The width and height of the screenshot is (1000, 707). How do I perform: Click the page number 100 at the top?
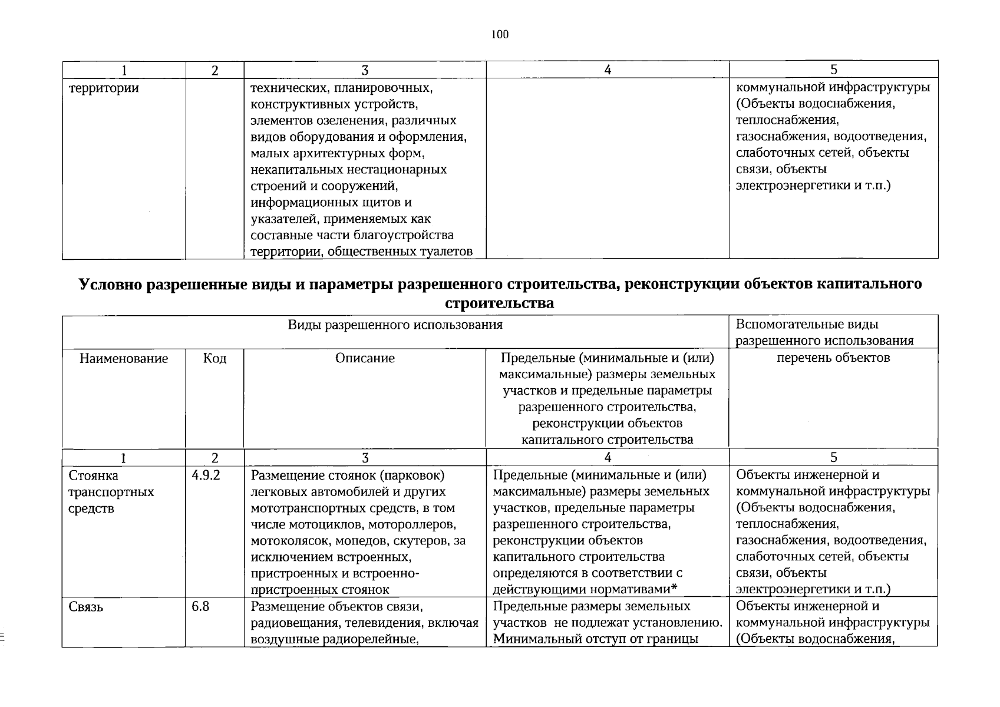499,34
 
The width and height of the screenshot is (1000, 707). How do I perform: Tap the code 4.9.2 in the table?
206,475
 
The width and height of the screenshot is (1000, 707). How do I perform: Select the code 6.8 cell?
200,606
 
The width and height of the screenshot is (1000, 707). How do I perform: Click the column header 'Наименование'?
124,358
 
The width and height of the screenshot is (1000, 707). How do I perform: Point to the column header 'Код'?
214,358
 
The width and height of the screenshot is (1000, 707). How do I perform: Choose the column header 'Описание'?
365,358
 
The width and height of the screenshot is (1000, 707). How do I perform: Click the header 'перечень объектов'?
833,358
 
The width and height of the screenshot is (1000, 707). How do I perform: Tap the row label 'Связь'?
86,607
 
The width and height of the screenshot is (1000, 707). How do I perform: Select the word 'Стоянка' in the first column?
93,475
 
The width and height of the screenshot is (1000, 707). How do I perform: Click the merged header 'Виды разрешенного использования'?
395,325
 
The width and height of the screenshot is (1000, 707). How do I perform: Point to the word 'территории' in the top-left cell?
104,88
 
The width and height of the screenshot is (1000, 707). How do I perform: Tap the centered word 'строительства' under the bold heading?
499,303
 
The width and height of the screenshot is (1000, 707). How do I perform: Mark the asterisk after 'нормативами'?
674,589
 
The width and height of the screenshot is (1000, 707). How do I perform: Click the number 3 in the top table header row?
365,70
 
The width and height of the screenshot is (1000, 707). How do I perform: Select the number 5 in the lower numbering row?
833,457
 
